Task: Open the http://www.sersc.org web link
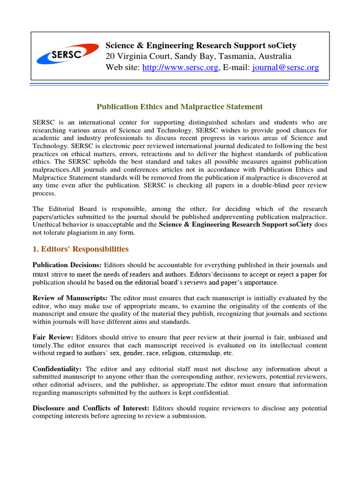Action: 180,67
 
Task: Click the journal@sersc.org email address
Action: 285,67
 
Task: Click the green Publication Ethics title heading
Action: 180,107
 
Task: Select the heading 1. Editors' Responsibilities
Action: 80,249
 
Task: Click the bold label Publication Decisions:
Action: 67,265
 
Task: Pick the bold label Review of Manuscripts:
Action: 70,298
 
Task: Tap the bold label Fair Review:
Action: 53,337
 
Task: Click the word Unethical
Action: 47,225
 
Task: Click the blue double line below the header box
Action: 180,85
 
